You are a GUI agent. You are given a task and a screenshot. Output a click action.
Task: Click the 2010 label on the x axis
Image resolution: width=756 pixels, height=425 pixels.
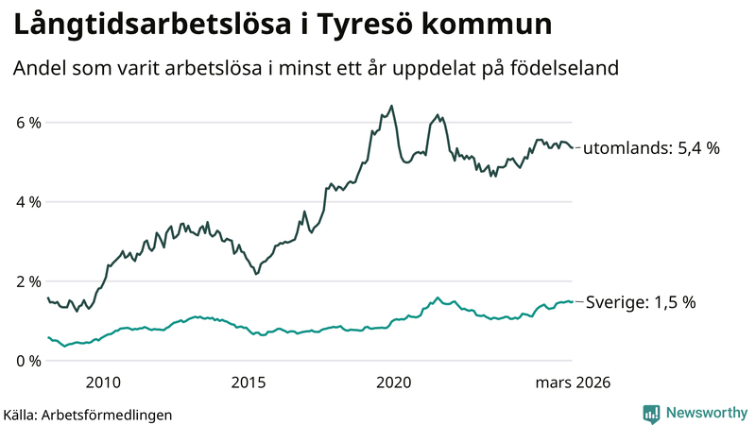(x=103, y=382)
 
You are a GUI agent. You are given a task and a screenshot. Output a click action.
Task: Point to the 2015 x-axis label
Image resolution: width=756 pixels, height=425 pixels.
(x=249, y=382)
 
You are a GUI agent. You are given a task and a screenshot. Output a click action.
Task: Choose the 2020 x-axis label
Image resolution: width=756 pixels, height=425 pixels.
(x=394, y=382)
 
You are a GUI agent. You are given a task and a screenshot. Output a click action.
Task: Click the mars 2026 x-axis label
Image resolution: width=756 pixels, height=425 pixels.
(x=573, y=382)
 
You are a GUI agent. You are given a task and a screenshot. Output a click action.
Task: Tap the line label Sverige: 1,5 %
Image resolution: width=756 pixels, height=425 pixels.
(x=641, y=302)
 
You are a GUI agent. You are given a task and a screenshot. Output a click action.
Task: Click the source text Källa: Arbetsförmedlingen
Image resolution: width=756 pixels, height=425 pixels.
(x=88, y=415)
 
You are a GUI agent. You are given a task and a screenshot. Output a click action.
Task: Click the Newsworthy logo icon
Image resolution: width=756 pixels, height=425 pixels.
(x=651, y=413)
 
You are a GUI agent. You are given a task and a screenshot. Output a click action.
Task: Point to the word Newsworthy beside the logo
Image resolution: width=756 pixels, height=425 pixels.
(x=705, y=413)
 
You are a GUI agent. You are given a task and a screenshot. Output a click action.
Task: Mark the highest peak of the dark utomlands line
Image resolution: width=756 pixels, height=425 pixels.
(x=392, y=106)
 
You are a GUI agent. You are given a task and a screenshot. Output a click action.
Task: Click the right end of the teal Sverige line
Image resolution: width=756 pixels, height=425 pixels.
(x=572, y=301)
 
